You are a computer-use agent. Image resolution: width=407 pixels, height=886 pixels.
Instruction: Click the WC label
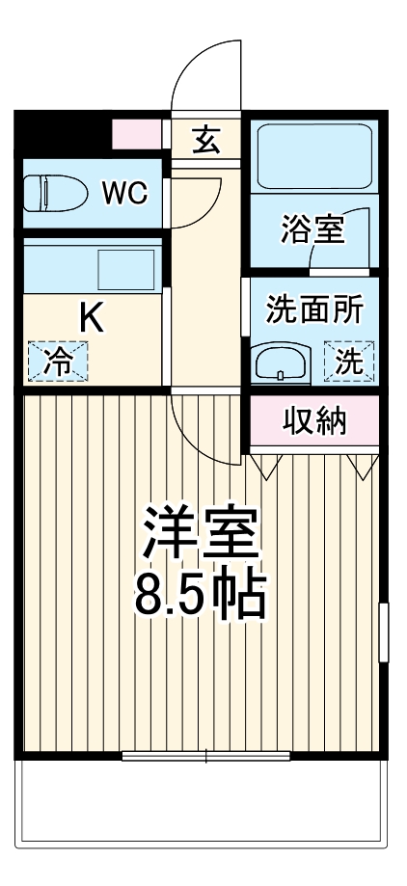(125, 194)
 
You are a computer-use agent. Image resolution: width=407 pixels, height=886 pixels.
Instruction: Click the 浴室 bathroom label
(312, 231)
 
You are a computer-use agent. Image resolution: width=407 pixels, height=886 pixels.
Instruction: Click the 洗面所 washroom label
(314, 310)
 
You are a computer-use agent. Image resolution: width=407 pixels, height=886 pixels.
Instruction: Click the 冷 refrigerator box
(57, 362)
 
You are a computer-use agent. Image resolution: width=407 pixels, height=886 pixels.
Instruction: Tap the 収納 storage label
(314, 421)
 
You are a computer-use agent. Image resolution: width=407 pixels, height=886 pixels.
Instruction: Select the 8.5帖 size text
(199, 598)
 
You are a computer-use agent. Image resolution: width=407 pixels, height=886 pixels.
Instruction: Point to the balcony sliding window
(206, 756)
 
